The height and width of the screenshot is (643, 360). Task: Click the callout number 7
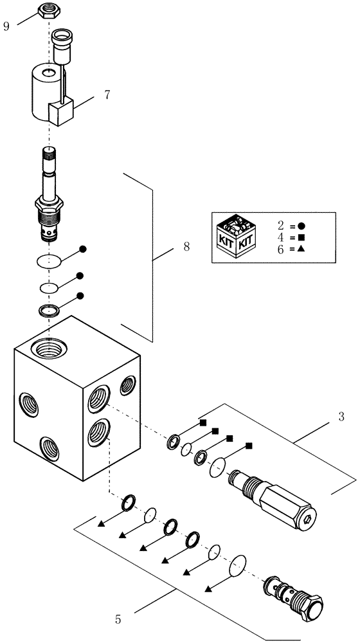click(107, 95)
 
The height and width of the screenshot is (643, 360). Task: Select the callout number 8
click(186, 247)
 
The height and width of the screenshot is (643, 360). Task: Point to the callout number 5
click(118, 620)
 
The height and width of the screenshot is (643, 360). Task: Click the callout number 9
click(6, 27)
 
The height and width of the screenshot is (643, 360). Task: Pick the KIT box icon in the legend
click(236, 237)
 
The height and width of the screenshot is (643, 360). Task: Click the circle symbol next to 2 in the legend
click(301, 226)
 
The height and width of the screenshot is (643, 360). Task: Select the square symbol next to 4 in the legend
click(301, 237)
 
